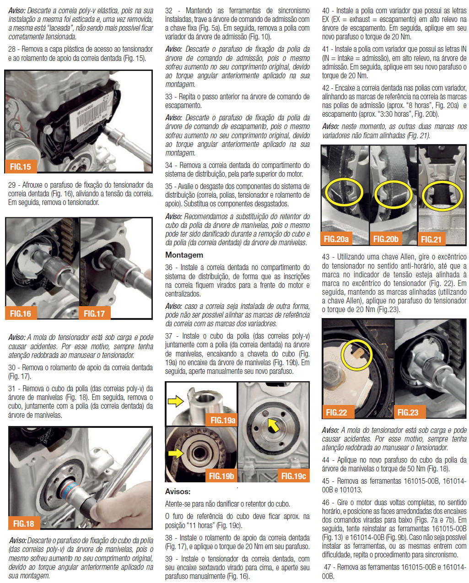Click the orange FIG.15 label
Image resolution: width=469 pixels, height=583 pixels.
(x=21, y=166)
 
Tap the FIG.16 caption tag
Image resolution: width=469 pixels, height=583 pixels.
(x=21, y=313)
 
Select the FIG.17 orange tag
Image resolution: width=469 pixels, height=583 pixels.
(x=94, y=313)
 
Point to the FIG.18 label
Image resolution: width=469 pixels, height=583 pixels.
(x=24, y=523)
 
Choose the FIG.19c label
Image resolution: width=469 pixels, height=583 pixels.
(x=293, y=476)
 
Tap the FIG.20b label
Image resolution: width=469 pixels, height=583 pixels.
(x=386, y=239)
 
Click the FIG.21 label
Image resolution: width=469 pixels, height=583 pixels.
(x=431, y=239)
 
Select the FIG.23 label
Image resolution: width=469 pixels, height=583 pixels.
(x=410, y=412)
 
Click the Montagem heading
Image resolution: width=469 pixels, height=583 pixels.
(x=184, y=255)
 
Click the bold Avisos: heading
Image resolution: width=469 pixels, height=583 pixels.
(x=178, y=491)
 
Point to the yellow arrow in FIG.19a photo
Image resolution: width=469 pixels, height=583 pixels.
(x=176, y=401)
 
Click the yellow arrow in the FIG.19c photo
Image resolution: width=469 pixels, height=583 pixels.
(x=274, y=425)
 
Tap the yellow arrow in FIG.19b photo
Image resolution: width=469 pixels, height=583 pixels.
(x=176, y=453)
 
